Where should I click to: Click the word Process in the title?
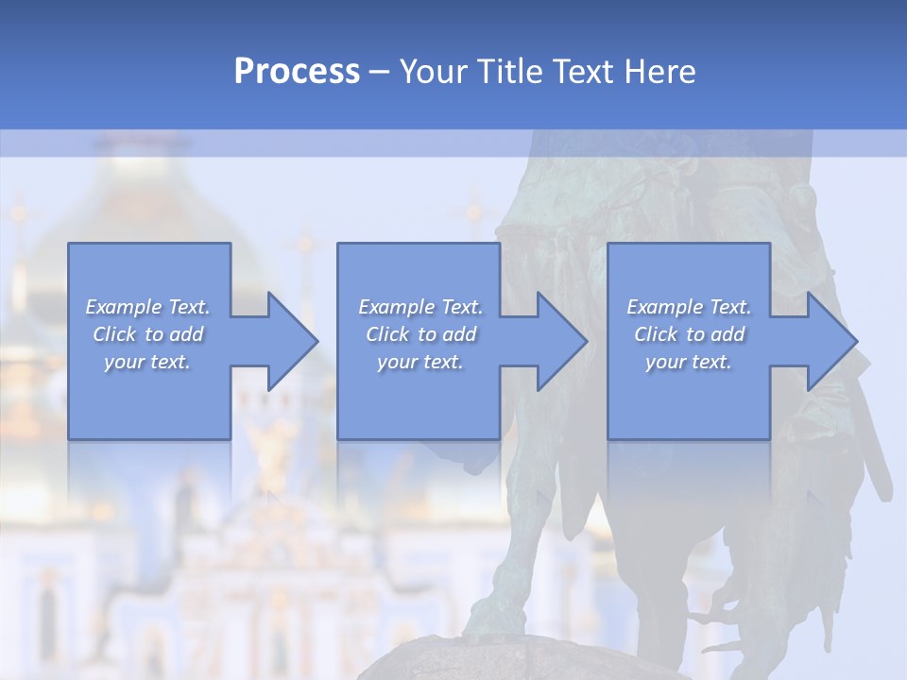point(297,72)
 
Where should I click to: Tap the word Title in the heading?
point(507,72)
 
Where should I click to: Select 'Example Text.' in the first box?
point(148,307)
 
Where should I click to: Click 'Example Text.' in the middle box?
point(420,307)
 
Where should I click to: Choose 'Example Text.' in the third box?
point(689,307)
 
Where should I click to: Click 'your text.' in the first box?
point(147,362)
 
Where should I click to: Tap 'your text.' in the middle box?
point(419,362)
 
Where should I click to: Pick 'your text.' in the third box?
point(688,362)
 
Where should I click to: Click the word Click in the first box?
point(114,334)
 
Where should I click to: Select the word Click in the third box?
point(656,334)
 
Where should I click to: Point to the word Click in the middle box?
point(387,334)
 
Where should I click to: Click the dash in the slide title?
point(379,72)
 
